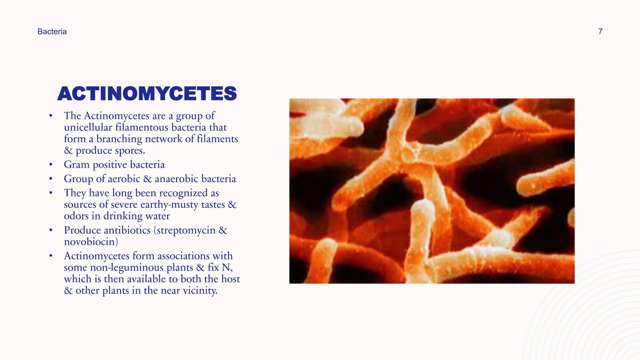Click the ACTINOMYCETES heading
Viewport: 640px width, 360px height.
click(x=147, y=93)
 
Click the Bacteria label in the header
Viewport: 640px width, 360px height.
click(x=52, y=32)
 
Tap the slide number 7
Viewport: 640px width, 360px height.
click(x=600, y=32)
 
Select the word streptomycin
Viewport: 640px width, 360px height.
click(x=186, y=230)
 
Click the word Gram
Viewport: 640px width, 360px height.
click(x=77, y=165)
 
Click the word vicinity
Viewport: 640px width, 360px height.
click(x=200, y=291)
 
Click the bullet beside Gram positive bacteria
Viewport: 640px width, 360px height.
click(x=51, y=165)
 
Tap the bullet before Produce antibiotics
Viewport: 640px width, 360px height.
click(x=51, y=230)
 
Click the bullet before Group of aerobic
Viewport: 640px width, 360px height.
click(x=51, y=179)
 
